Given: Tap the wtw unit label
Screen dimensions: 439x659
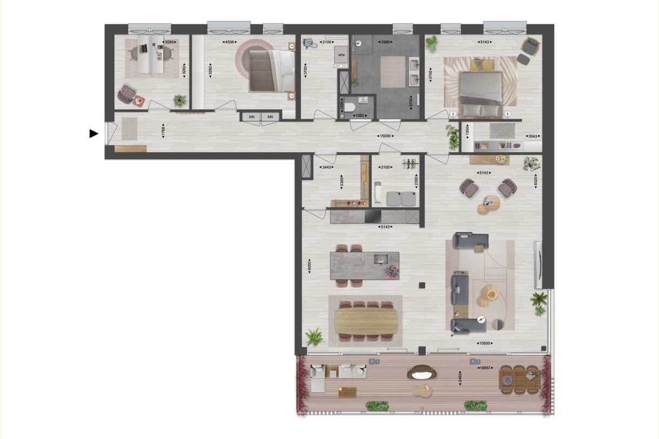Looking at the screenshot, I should click(x=341, y=55).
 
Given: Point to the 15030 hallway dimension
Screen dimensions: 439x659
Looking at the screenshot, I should click(x=386, y=136).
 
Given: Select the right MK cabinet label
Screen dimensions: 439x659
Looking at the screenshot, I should click(x=271, y=117).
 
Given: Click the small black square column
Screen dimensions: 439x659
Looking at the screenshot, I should click(x=422, y=285).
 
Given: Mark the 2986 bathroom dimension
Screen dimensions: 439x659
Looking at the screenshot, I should click(x=385, y=42).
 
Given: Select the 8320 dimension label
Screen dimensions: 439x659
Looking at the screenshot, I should click(x=535, y=180).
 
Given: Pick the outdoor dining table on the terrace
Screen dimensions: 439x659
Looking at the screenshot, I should click(x=519, y=379).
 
